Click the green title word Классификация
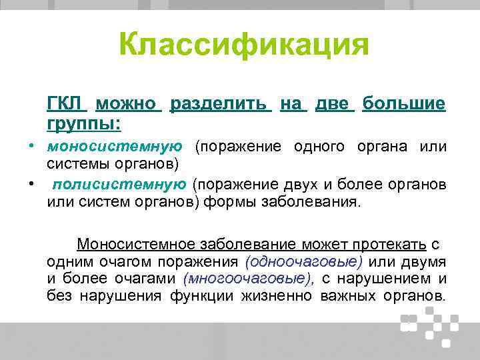pos(243,45)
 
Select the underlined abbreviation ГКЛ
pos(67,104)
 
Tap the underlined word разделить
pos(220,104)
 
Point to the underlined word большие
pos(404,104)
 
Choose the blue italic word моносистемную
pos(115,147)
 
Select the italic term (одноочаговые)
pos(304,261)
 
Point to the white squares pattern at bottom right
pos(430,325)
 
